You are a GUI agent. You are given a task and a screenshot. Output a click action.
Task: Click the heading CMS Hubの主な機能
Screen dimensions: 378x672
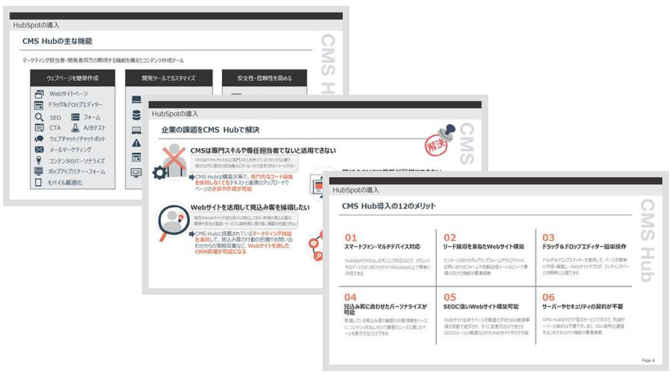pyautogui.click(x=57, y=41)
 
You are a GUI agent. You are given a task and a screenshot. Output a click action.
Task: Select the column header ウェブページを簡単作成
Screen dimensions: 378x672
pyautogui.click(x=72, y=78)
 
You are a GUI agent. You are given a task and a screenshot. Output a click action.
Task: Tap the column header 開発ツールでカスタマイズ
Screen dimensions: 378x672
pyautogui.click(x=168, y=78)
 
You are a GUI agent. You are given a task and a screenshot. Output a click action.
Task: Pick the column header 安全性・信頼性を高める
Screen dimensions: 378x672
pyautogui.click(x=264, y=78)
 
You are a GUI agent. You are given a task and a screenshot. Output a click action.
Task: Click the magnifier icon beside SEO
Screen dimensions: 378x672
pyautogui.click(x=39, y=117)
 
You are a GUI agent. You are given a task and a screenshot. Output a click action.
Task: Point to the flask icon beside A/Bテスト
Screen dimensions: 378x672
pyautogui.click(x=75, y=128)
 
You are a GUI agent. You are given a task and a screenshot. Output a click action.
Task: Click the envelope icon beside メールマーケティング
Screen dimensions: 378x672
pyautogui.click(x=39, y=150)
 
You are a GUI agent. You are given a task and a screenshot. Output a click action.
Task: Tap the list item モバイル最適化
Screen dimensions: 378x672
pyautogui.click(x=65, y=183)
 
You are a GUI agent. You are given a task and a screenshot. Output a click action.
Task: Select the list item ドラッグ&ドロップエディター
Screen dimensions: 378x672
pyautogui.click(x=75, y=105)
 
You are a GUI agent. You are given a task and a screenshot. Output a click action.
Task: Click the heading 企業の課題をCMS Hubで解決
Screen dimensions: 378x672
pyautogui.click(x=210, y=130)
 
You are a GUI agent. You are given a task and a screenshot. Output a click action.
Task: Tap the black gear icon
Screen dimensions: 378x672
pyautogui.click(x=160, y=172)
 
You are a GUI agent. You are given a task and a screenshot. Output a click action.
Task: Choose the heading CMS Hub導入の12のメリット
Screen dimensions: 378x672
pyautogui.click(x=388, y=206)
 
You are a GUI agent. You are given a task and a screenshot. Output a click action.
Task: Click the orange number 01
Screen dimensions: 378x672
pyautogui.click(x=351, y=238)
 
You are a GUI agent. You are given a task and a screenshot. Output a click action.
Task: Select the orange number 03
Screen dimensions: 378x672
pyautogui.click(x=548, y=238)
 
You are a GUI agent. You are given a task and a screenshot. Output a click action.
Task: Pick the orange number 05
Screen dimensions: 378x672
pyautogui.click(x=449, y=297)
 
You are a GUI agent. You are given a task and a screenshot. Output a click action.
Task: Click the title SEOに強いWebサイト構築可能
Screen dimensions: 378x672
pyautogui.click(x=481, y=307)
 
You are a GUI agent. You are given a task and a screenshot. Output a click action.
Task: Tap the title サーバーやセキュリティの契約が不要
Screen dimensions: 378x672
pyautogui.click(x=583, y=307)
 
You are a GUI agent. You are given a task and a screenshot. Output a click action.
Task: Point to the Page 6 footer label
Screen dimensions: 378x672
pyautogui.click(x=648, y=360)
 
